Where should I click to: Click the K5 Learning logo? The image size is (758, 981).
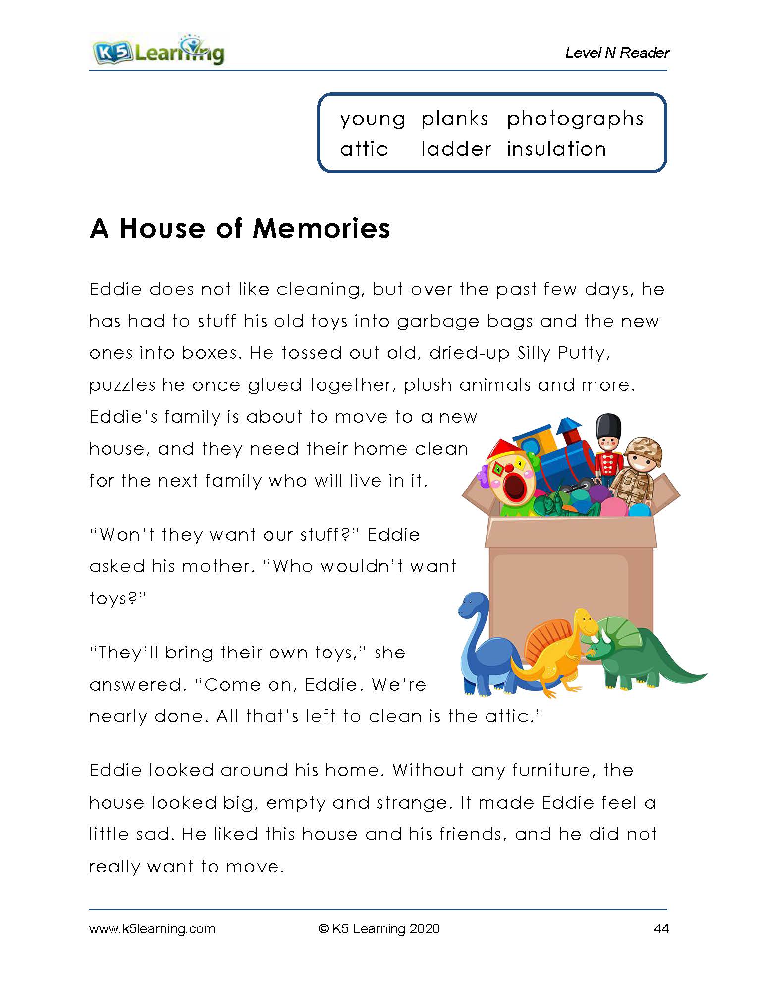pos(158,51)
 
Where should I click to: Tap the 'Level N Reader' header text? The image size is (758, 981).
pos(617,53)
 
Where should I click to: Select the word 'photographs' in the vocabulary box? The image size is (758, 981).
pos(575,119)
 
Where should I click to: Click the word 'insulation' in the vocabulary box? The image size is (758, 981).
pos(556,149)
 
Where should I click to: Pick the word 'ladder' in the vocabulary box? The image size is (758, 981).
pos(456,149)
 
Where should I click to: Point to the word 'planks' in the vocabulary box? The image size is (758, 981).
pos(455,119)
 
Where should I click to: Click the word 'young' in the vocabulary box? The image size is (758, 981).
pos(373,119)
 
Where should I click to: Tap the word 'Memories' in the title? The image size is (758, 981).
pos(322,228)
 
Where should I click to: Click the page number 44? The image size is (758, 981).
pos(661,928)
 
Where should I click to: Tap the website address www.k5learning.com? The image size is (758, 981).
pos(152,928)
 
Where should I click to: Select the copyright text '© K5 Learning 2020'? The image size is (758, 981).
pos(379,928)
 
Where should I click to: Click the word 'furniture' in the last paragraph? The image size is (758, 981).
pos(550,770)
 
